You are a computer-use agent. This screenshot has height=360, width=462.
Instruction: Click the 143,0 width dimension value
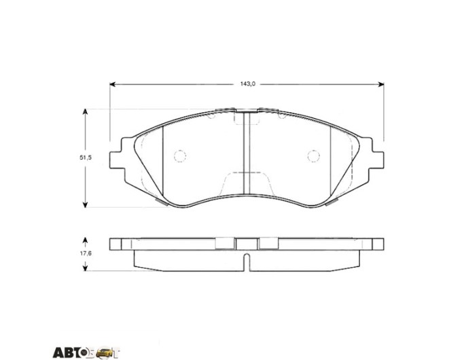[x=247, y=84]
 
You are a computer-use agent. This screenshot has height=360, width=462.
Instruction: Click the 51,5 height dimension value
[x=86, y=158]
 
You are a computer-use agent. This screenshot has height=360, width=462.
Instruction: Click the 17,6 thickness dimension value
[x=86, y=253]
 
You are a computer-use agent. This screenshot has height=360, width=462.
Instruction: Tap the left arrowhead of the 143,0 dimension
[x=112, y=84]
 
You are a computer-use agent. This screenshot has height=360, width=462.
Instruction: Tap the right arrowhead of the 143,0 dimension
[x=381, y=84]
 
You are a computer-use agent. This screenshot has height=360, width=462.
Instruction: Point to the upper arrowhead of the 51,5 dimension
[x=85, y=112]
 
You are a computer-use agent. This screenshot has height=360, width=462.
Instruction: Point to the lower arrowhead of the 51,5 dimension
[x=85, y=204]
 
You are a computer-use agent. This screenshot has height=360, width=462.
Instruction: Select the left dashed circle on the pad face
[x=180, y=156]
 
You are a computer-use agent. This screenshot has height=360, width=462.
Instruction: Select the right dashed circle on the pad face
[x=314, y=156]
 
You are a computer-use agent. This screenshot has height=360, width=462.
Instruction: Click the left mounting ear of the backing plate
[x=116, y=160]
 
